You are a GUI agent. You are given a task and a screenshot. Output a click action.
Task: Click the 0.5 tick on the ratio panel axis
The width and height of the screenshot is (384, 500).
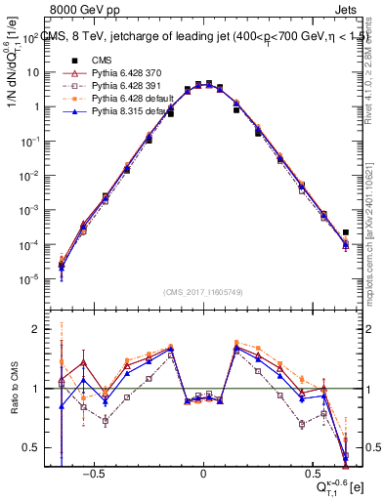coord(35,447)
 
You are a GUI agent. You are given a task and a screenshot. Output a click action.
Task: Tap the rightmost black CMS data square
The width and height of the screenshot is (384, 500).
coord(345,233)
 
